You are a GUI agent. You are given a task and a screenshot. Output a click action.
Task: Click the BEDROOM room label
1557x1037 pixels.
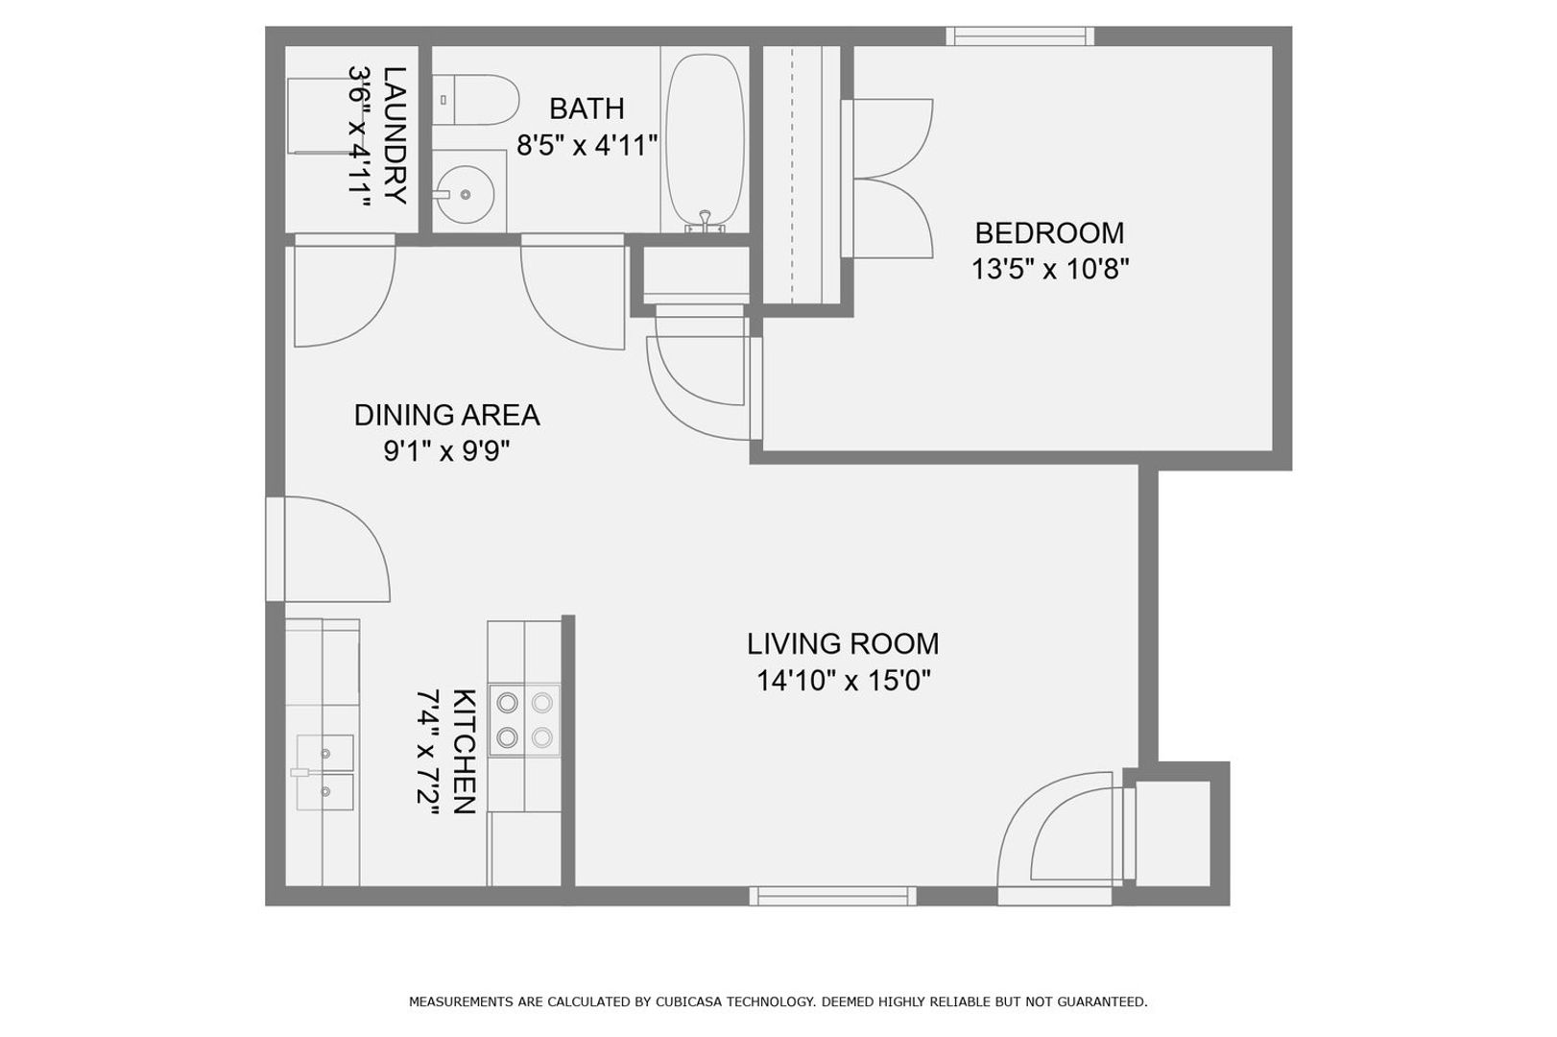1049,233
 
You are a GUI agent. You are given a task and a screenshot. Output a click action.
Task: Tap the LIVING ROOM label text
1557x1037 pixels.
843,644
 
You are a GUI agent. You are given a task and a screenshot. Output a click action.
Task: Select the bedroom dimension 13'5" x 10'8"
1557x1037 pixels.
1049,269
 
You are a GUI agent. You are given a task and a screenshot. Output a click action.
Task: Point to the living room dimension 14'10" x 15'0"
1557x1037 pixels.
843,680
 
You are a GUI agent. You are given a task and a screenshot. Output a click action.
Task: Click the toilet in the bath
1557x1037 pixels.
475,100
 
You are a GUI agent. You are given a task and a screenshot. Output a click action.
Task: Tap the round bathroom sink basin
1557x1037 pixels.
466,194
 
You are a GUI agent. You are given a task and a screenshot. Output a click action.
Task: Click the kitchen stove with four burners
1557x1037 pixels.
525,720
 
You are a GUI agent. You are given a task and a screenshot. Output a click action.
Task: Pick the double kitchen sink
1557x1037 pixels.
324,772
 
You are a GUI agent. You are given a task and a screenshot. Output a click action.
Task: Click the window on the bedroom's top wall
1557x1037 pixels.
1020,36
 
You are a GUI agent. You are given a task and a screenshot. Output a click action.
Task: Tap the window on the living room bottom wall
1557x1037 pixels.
832,896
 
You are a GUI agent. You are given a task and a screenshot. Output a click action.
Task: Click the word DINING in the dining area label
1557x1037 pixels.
395,415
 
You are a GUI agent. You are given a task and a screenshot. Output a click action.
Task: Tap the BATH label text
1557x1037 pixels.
587,109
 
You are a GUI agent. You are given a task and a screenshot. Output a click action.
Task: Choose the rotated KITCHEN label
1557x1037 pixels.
465,751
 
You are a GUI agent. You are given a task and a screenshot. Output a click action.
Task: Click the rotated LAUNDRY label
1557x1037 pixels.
395,135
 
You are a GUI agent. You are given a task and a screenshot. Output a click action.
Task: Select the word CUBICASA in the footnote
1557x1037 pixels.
688,1002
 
